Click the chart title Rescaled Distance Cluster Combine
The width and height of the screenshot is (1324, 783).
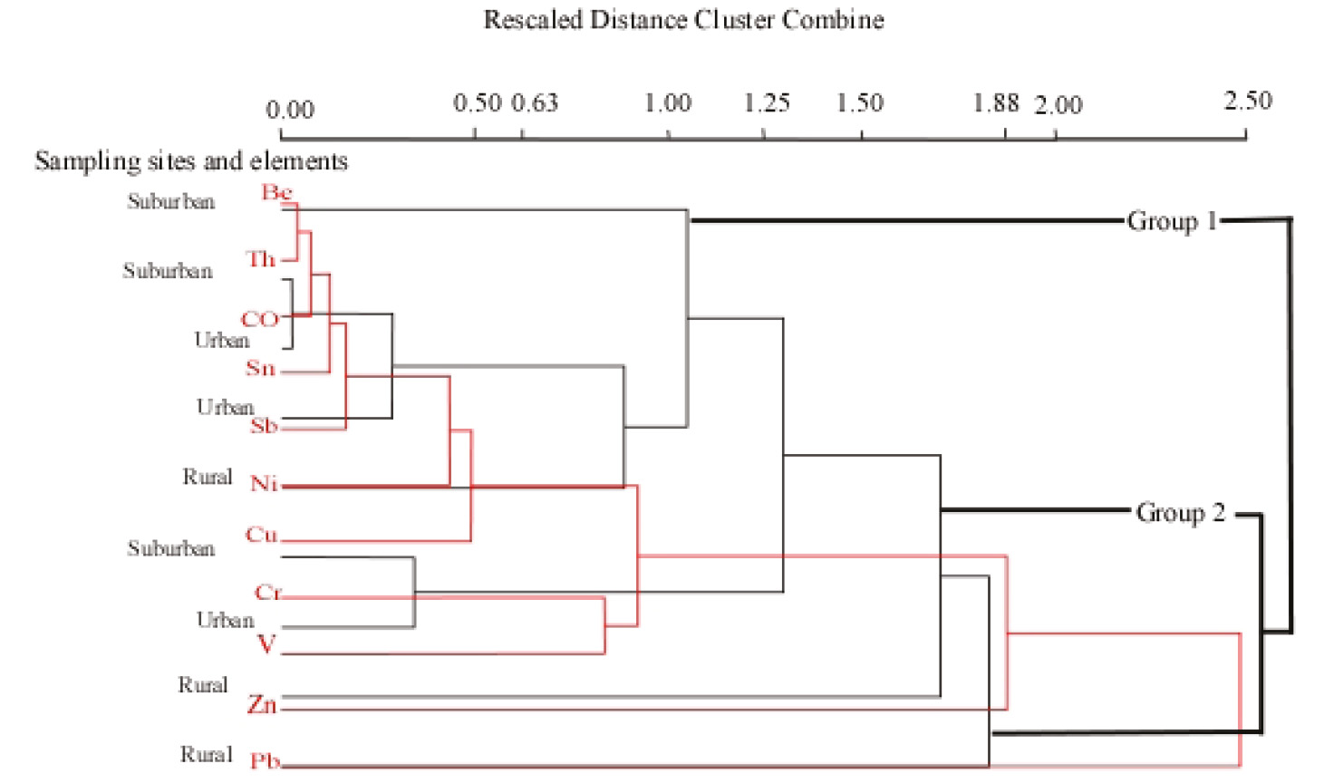(x=683, y=20)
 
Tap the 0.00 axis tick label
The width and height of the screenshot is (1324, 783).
(x=290, y=111)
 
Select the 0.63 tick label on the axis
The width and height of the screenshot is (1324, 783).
(x=535, y=103)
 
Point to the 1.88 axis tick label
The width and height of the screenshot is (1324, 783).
(x=996, y=103)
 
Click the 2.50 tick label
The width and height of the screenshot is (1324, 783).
(x=1248, y=101)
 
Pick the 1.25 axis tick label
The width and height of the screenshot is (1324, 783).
(x=767, y=103)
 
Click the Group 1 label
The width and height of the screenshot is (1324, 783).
(x=1171, y=221)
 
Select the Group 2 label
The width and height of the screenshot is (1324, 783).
(x=1180, y=513)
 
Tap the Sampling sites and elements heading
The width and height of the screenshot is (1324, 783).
(x=191, y=161)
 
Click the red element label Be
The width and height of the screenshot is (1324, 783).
(x=276, y=192)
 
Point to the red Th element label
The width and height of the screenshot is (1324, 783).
(x=261, y=259)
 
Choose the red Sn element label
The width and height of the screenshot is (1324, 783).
(x=260, y=368)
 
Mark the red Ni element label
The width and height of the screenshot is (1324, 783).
(x=264, y=484)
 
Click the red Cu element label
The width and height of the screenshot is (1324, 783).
(x=261, y=535)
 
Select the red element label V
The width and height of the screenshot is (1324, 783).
(x=266, y=644)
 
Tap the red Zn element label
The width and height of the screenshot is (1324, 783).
(x=262, y=704)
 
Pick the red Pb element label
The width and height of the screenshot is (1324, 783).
(x=265, y=760)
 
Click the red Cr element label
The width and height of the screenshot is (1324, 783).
(x=268, y=593)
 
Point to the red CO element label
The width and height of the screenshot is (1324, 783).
(x=259, y=319)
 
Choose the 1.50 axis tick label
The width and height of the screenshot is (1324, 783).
(x=859, y=103)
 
